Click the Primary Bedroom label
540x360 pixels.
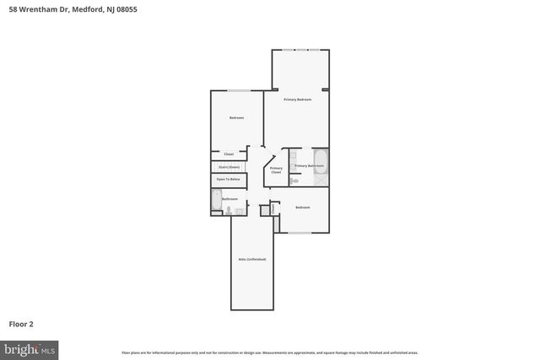[297, 100]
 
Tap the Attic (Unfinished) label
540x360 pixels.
[253, 259]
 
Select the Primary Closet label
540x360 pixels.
[276, 169]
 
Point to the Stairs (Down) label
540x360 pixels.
[229, 167]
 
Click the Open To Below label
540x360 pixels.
[229, 180]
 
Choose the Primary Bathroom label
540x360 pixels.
[309, 166]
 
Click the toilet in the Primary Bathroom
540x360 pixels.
[294, 180]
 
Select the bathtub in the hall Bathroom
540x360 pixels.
[217, 201]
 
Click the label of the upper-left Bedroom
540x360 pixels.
[236, 118]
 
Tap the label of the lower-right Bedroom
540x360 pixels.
[302, 207]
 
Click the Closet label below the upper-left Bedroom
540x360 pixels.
[229, 154]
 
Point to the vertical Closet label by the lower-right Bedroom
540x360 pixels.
[273, 207]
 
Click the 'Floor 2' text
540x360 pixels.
[21, 323]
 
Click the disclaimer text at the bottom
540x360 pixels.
[269, 352]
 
